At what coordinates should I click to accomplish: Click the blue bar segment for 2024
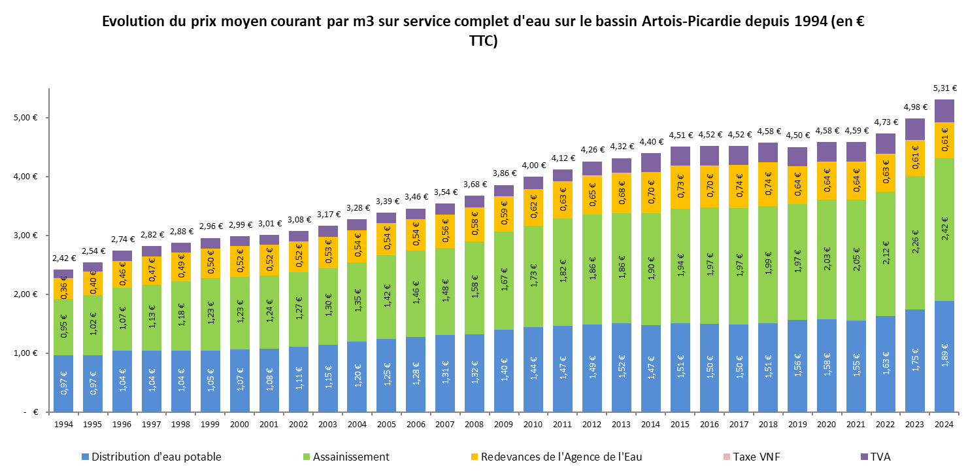tap(944, 357)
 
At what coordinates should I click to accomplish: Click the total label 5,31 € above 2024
tap(944, 88)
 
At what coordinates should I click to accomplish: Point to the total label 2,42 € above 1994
tap(63, 258)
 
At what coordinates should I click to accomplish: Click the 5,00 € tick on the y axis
tap(25, 118)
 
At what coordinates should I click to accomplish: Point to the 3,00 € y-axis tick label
tap(25, 236)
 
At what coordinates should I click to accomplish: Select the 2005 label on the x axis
tap(386, 425)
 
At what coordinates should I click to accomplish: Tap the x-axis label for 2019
tap(797, 425)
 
